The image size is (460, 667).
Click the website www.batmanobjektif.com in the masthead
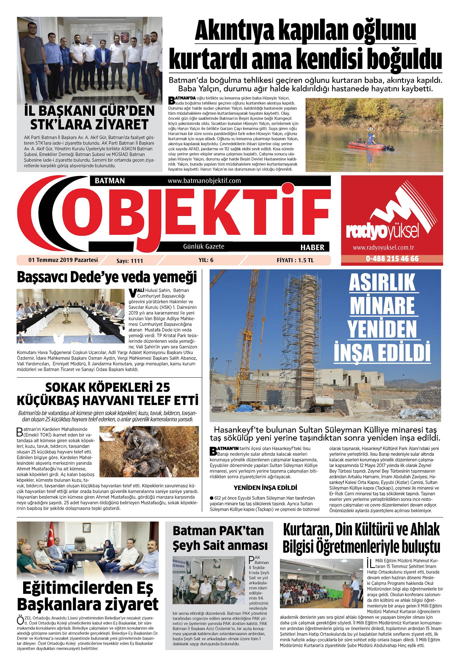[x=204, y=181]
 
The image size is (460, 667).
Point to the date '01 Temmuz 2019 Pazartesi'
[x=63, y=260]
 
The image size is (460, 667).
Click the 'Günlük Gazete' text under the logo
[x=203, y=246]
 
